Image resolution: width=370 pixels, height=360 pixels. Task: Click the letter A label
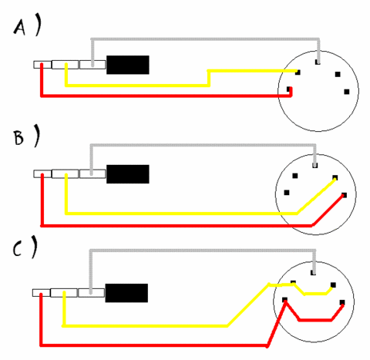point(19,28)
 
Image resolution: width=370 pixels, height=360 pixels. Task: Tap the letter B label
point(18,138)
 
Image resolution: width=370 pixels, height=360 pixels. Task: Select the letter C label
point(17,249)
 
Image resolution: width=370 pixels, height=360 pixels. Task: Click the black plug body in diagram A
point(128,65)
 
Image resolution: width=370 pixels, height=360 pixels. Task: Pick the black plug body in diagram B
point(128,174)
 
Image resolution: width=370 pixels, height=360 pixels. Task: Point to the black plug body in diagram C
point(126,293)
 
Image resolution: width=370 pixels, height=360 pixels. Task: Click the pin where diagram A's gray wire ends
point(318,62)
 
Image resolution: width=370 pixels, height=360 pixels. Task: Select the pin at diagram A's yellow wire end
point(298,72)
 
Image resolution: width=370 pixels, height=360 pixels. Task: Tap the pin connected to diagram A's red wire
point(290,89)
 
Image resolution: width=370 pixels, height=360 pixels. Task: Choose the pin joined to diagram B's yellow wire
point(335,177)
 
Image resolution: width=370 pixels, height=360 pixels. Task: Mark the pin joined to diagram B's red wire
point(344,195)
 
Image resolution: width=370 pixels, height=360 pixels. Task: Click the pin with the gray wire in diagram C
point(313,272)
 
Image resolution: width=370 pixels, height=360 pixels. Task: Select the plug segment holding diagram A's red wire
point(42,65)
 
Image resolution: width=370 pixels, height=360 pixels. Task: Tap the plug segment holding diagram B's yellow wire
point(65,174)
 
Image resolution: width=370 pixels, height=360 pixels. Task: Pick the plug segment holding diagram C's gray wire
point(91,293)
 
